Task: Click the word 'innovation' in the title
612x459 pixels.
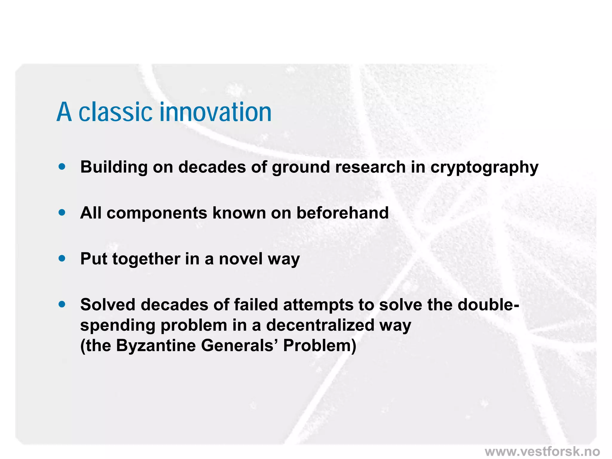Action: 215,112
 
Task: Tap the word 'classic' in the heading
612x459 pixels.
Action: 115,112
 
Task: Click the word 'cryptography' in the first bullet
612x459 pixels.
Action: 484,167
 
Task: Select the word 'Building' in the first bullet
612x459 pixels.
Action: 114,167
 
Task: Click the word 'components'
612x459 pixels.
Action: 157,213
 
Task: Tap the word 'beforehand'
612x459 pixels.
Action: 342,213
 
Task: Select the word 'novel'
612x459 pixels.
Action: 241,259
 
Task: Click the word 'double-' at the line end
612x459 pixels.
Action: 488,305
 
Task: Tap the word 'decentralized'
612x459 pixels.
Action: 320,325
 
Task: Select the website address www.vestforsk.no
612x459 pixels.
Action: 542,451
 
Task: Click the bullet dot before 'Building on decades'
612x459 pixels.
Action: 62,166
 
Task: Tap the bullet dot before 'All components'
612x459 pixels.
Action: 62,212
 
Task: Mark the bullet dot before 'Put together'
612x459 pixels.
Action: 62,258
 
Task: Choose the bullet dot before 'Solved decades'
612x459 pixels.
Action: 62,304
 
